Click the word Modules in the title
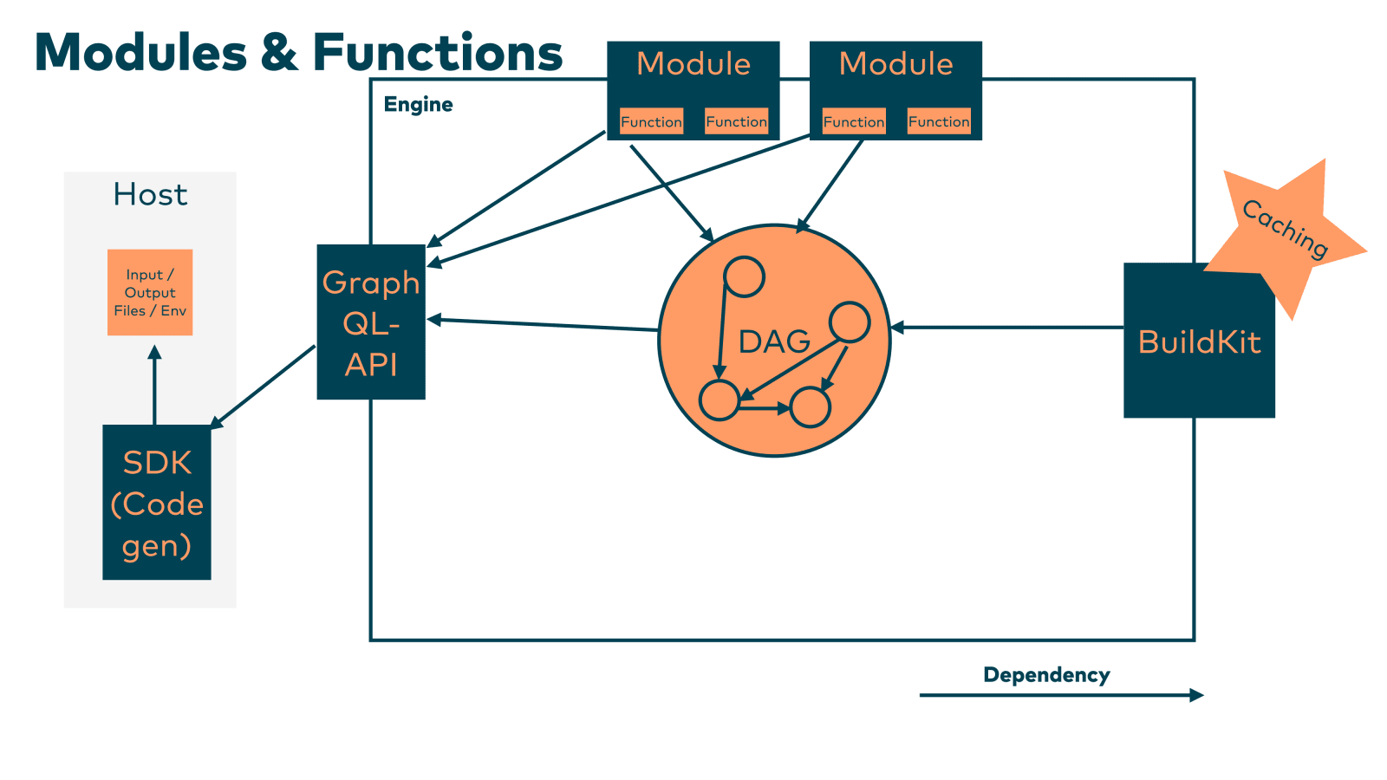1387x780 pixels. [x=140, y=53]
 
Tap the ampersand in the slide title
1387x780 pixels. [x=279, y=53]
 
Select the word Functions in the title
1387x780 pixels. [x=438, y=53]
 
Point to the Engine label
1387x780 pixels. [x=418, y=105]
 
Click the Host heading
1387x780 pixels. [x=150, y=195]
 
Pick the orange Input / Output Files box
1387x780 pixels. [x=150, y=292]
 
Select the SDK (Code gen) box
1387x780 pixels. [x=157, y=503]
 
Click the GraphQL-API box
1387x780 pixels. [x=371, y=322]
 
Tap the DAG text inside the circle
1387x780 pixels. [x=774, y=342]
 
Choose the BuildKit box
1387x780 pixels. [x=1199, y=341]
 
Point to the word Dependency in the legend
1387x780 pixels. [x=1046, y=675]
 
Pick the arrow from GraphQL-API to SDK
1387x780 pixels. [x=263, y=386]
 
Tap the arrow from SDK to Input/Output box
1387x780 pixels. [x=154, y=385]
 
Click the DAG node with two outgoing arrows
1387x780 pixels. [x=850, y=322]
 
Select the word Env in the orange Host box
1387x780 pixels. [x=173, y=311]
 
